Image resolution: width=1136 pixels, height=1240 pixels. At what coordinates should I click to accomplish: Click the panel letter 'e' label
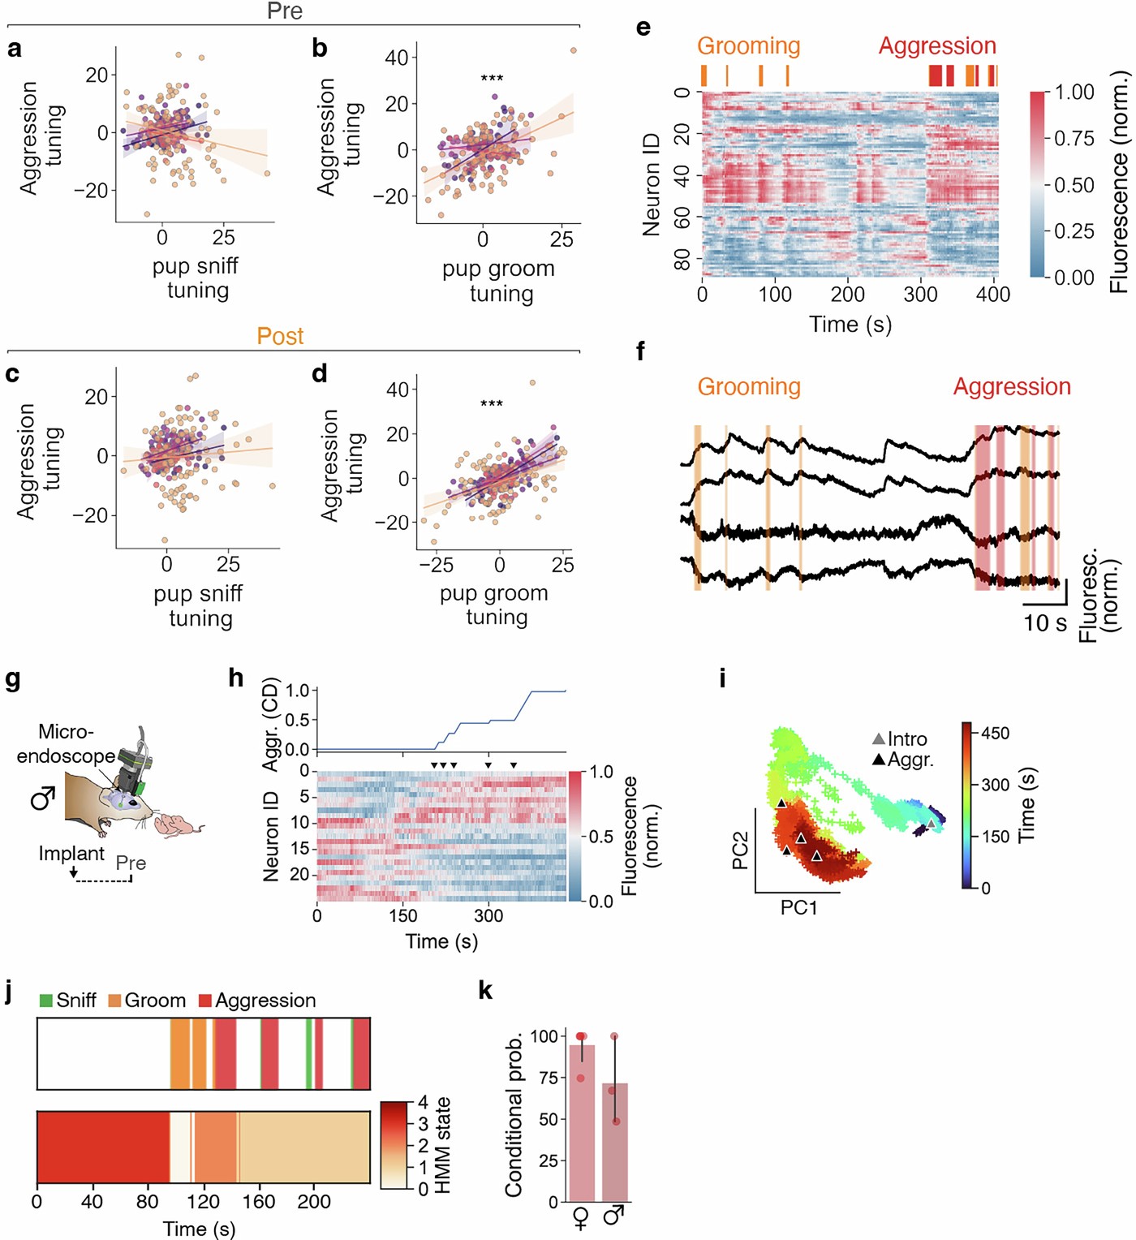tap(643, 28)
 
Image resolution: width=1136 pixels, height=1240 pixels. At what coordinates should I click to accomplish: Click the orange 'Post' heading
tap(280, 336)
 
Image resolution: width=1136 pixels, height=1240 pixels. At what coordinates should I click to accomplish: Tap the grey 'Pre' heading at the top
tap(285, 11)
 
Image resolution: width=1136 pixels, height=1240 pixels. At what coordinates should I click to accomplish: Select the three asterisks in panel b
tap(492, 79)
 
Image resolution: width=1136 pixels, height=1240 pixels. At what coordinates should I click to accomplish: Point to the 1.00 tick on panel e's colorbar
tap(1074, 93)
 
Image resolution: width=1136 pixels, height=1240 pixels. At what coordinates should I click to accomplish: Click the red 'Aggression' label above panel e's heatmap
tap(937, 46)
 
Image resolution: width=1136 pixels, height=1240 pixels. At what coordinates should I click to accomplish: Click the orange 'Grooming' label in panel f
tap(749, 387)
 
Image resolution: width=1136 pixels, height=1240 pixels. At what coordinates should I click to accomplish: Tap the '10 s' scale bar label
tap(1044, 623)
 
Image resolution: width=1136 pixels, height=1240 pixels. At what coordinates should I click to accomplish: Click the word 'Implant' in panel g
tap(71, 854)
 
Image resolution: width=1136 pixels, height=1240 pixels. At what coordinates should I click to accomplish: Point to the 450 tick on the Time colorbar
tap(995, 734)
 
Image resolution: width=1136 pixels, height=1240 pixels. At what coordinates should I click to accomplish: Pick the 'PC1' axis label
tap(798, 907)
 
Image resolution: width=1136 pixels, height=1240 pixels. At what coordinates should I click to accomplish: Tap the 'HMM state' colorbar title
tap(442, 1145)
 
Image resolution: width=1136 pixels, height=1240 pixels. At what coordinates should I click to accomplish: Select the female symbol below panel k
tap(581, 1218)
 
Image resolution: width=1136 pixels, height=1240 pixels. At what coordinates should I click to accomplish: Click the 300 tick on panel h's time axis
tap(488, 916)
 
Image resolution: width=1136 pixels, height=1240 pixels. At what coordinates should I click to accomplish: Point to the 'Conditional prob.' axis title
tap(513, 1116)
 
